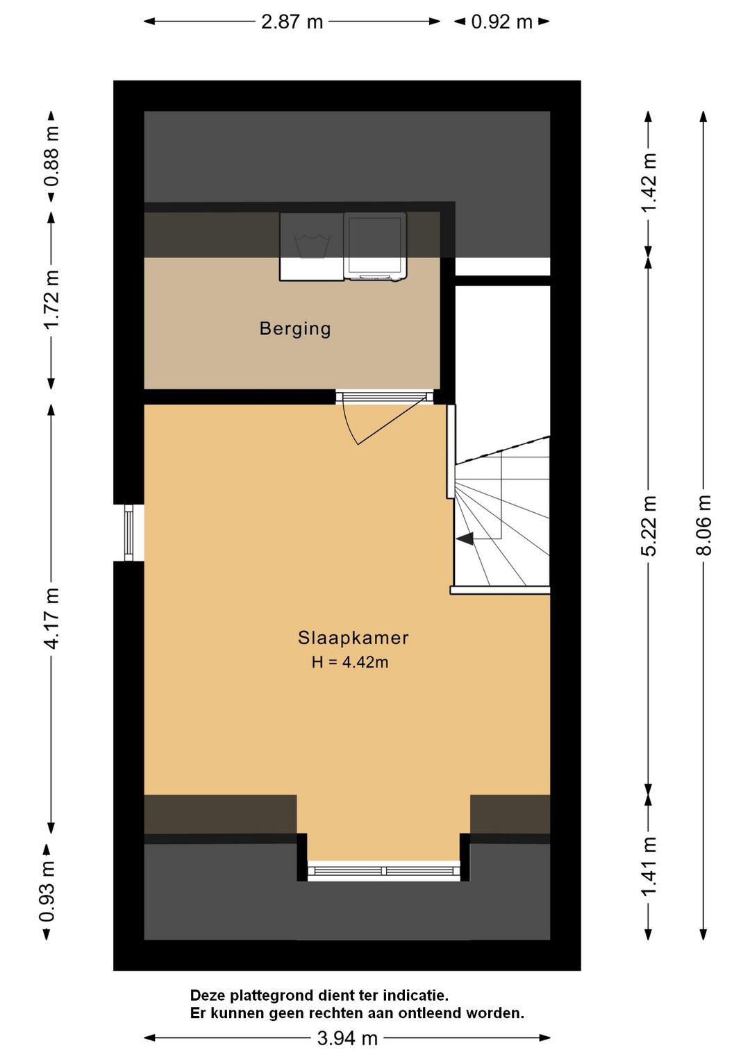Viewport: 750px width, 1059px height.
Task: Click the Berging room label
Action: pyautogui.click(x=295, y=328)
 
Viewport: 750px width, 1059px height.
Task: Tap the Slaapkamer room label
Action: pyautogui.click(x=353, y=638)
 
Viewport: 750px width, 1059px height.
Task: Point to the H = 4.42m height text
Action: pyautogui.click(x=349, y=662)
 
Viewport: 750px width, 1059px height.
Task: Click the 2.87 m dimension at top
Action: pyautogui.click(x=292, y=22)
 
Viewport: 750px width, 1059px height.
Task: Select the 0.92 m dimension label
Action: pyautogui.click(x=501, y=22)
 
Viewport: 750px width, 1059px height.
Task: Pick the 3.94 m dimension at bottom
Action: pyautogui.click(x=347, y=1038)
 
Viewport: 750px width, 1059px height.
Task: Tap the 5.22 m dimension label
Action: pyautogui.click(x=648, y=525)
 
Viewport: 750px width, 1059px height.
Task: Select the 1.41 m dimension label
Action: pyautogui.click(x=648, y=866)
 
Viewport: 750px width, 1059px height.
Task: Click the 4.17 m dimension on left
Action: pyautogui.click(x=51, y=618)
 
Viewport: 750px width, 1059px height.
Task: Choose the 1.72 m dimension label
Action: pyautogui.click(x=51, y=300)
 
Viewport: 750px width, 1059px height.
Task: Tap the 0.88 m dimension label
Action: pyautogui.click(x=51, y=157)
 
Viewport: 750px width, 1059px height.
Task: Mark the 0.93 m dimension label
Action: pyautogui.click(x=47, y=891)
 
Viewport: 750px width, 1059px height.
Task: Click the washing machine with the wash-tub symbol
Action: pyautogui.click(x=312, y=246)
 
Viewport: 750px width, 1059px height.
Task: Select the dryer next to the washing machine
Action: pyautogui.click(x=375, y=246)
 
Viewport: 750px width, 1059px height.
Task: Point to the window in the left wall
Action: pyautogui.click(x=128, y=533)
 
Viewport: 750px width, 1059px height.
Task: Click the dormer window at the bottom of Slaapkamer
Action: pyautogui.click(x=383, y=870)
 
